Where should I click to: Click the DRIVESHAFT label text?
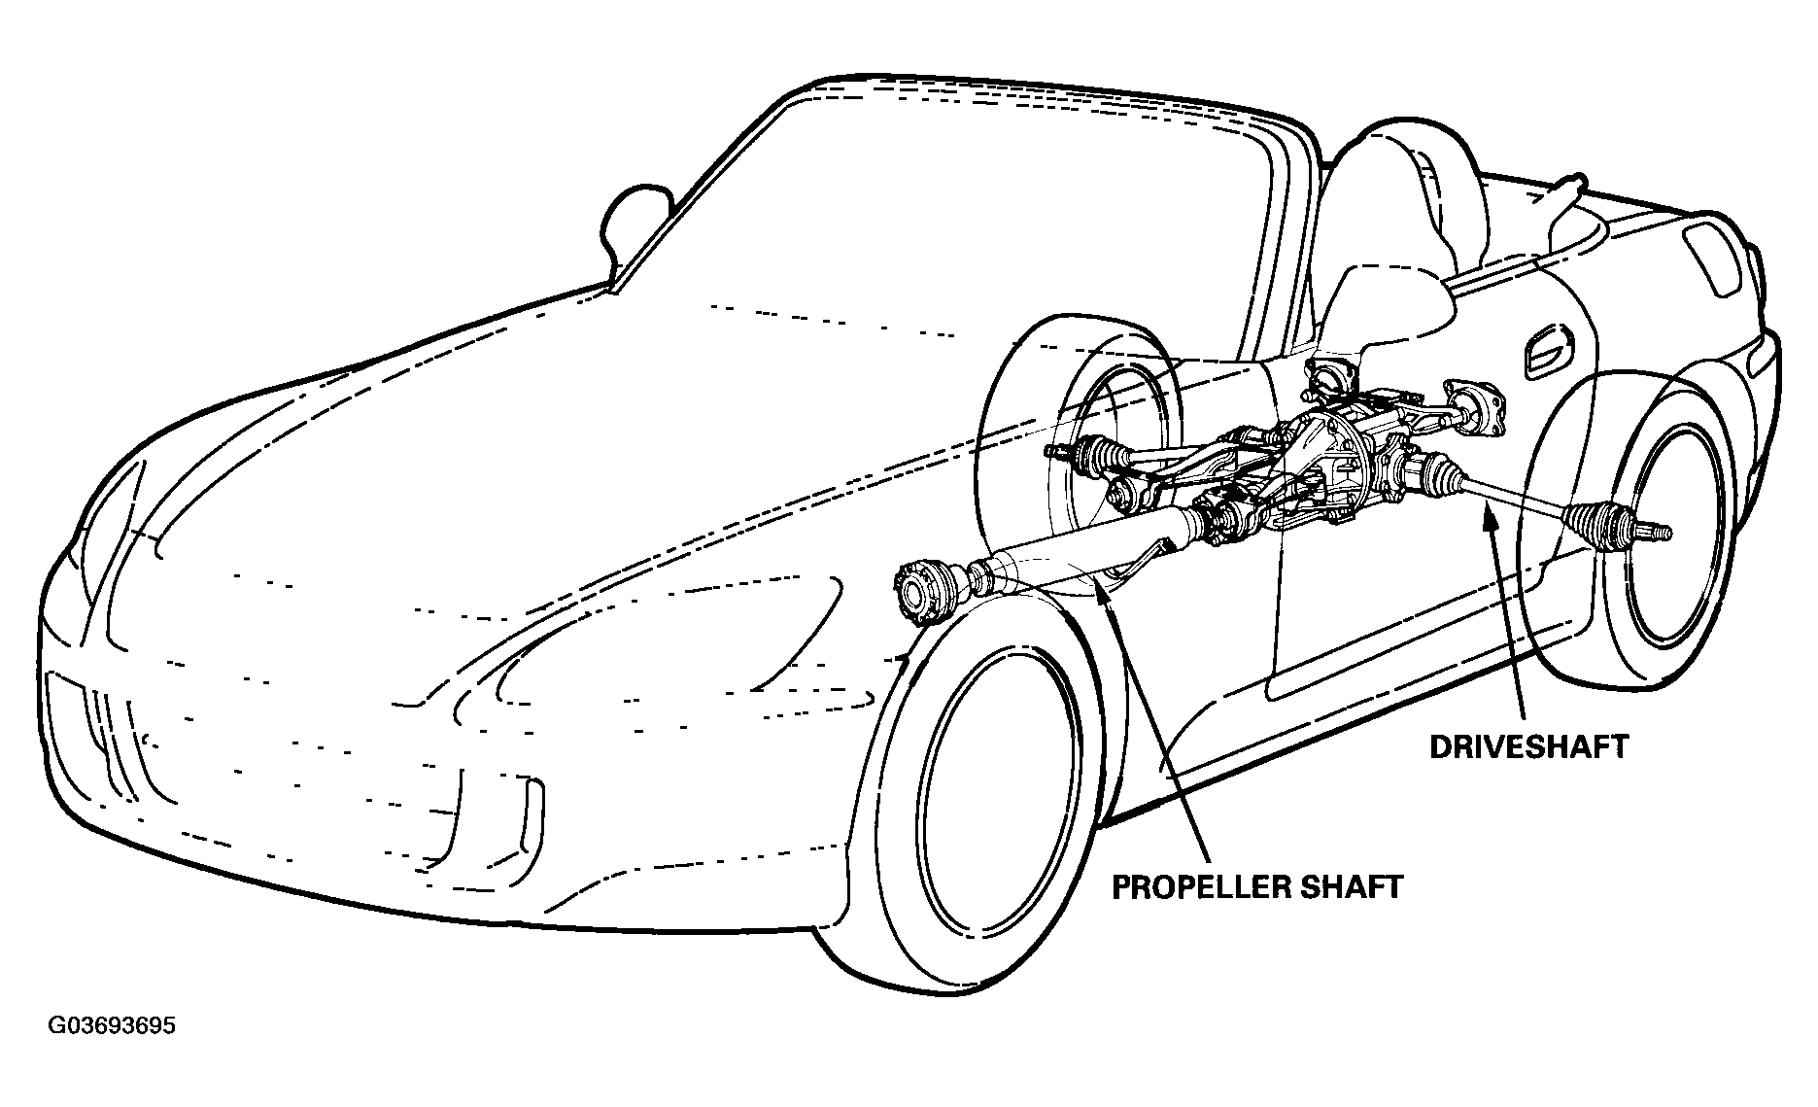point(1528,747)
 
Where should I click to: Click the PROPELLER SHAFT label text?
point(1257,887)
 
